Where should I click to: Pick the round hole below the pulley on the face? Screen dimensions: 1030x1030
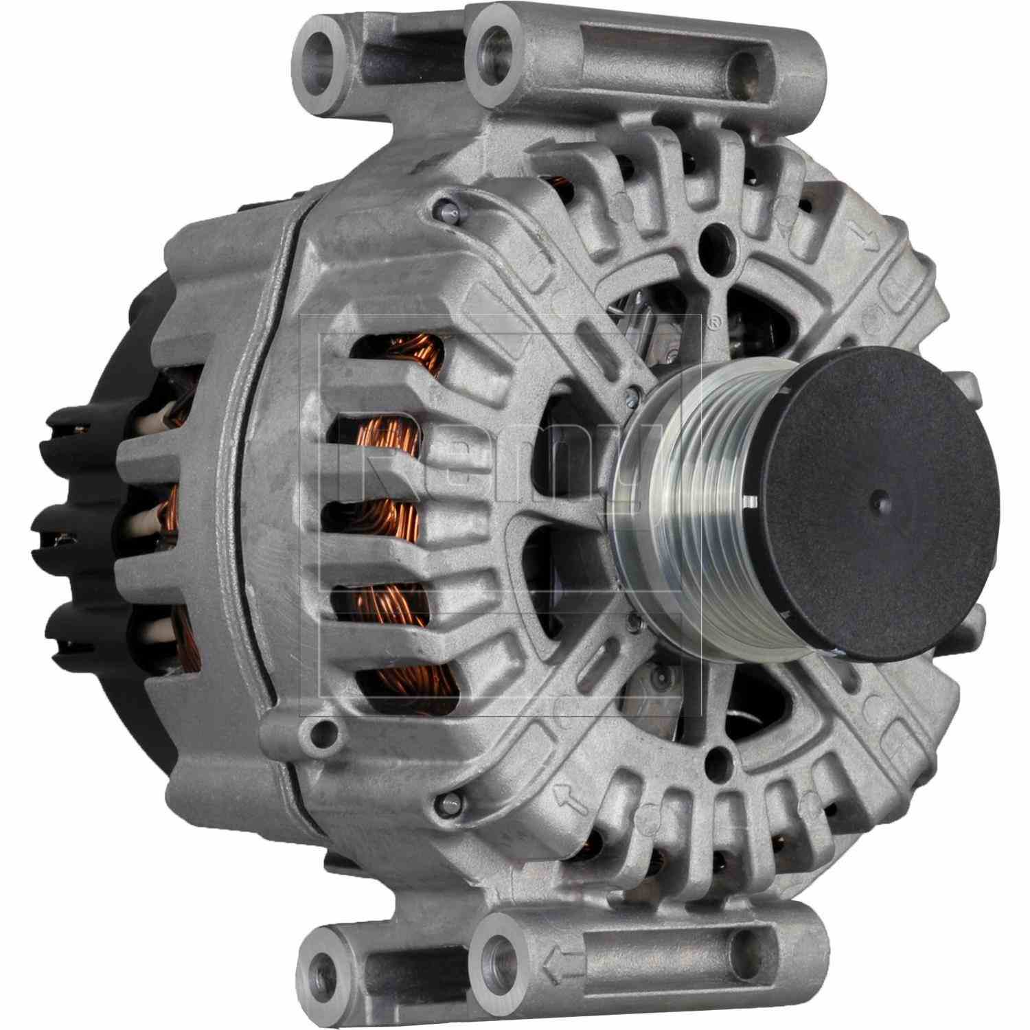[718, 759]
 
